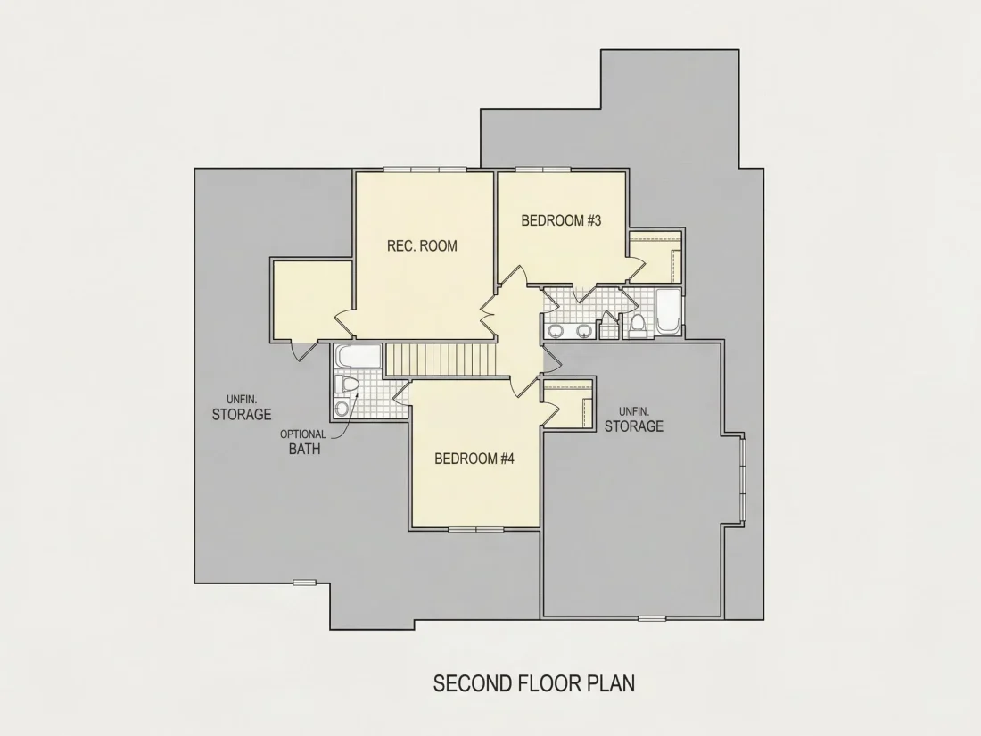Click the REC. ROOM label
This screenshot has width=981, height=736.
(422, 246)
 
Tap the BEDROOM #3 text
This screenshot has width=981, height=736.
(561, 221)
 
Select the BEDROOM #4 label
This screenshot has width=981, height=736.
(474, 459)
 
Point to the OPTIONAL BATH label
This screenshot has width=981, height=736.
(303, 442)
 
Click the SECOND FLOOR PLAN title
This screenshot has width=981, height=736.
(533, 682)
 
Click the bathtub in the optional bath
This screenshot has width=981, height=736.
(358, 357)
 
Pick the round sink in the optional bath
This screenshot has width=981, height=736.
(341, 409)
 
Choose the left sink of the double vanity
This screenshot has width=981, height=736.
(555, 330)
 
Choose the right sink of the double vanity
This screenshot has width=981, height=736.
(584, 330)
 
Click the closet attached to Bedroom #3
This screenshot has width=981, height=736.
(655, 257)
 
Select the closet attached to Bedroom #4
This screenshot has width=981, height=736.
(567, 403)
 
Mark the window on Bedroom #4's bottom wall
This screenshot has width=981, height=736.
(476, 529)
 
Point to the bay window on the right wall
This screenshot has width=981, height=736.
(743, 477)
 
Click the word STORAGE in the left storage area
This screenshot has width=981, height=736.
(242, 414)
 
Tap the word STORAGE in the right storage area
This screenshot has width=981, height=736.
(634, 426)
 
